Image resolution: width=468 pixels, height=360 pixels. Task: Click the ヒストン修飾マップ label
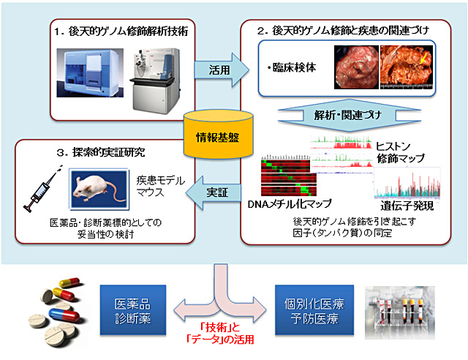click(x=399, y=152)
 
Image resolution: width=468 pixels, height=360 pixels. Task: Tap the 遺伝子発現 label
click(x=404, y=207)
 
